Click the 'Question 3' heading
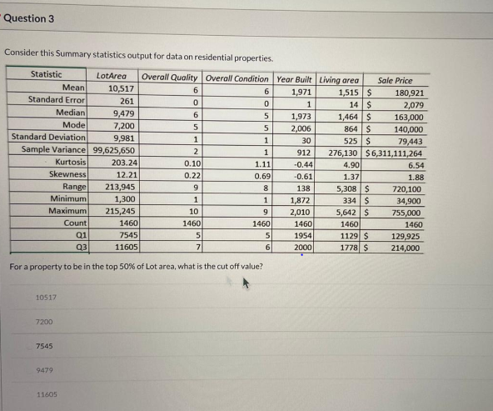pyautogui.click(x=29, y=18)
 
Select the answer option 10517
pyautogui.click(x=47, y=298)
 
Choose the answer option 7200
pyautogui.click(x=45, y=322)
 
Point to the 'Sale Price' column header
pyautogui.click(x=395, y=80)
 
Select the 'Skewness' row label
pyautogui.click(x=68, y=176)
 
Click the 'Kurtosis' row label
pyautogui.click(x=71, y=163)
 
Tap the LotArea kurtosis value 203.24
pyautogui.click(x=124, y=163)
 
